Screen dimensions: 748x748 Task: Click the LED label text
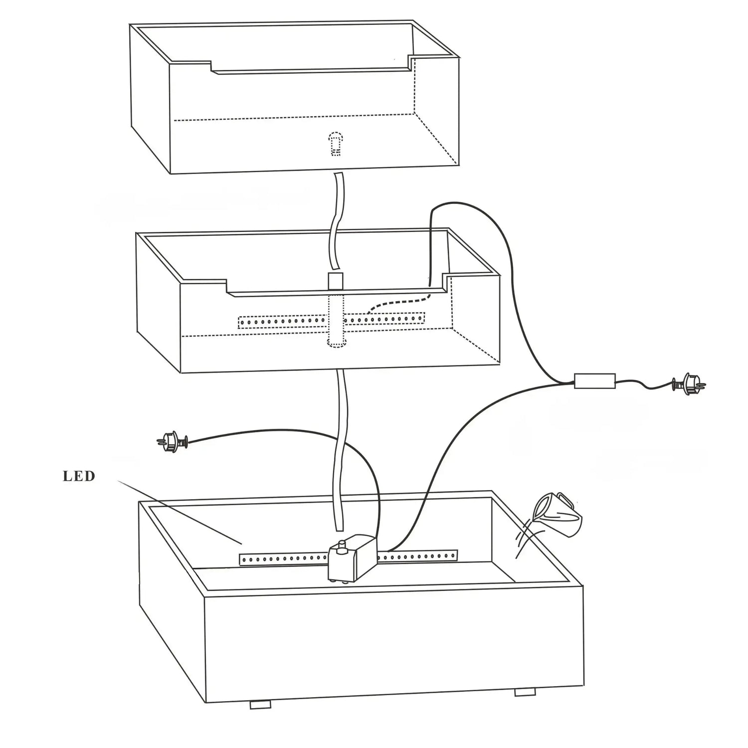[x=79, y=476]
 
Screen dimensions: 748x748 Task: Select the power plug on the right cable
[x=689, y=384]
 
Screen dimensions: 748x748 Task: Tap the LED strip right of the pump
[x=418, y=557]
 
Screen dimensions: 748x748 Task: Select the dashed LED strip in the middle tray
[x=332, y=321]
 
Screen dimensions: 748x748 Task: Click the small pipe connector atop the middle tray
[x=335, y=281]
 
